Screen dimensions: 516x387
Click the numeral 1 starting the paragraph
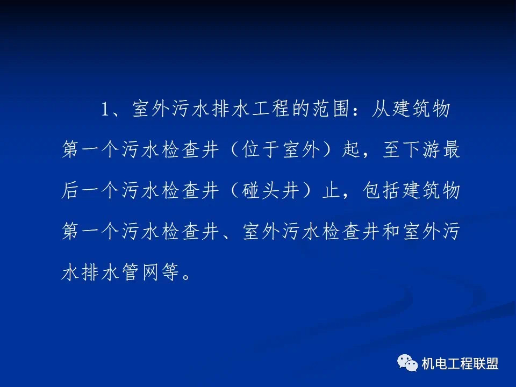(x=105, y=109)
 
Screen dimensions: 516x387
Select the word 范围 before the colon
(x=331, y=109)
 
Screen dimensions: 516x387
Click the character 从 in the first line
(x=381, y=109)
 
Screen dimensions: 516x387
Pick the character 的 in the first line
(x=301, y=109)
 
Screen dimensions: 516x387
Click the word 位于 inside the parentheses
(x=260, y=150)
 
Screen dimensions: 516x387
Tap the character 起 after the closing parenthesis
(x=352, y=150)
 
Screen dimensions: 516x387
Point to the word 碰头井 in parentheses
(x=270, y=190)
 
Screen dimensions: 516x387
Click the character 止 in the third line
(x=332, y=190)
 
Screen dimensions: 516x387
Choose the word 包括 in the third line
(x=382, y=190)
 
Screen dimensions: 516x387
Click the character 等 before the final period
(x=170, y=272)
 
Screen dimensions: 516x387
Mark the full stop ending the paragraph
(x=186, y=276)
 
